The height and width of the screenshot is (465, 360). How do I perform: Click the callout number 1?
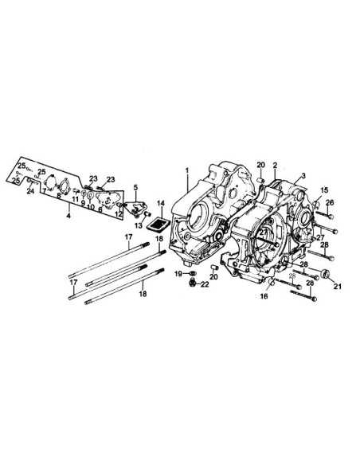coord(188,170)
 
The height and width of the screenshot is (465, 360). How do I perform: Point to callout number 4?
coord(68,216)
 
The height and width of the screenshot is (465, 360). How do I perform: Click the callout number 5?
coord(135,188)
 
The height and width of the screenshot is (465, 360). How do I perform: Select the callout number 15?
coord(324,190)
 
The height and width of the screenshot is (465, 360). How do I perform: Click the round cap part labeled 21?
coord(324,275)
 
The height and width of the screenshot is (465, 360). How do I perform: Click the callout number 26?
coord(331,204)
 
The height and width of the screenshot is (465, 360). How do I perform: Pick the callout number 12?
coord(118,214)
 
